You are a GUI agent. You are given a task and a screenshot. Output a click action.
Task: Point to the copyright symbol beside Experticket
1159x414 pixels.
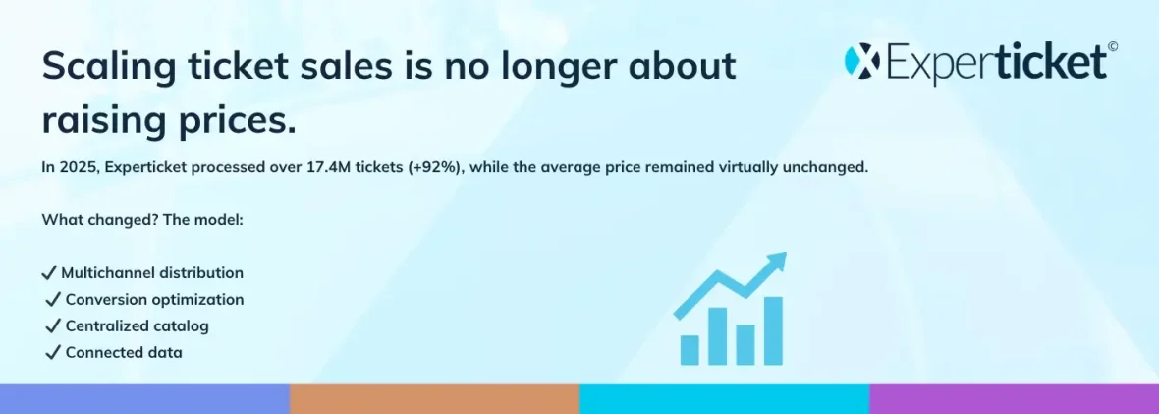pyautogui.click(x=1113, y=46)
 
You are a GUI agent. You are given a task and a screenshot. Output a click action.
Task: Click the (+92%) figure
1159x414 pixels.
pyautogui.click(x=435, y=168)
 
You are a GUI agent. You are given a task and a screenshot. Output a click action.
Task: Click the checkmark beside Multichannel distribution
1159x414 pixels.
pyautogui.click(x=49, y=272)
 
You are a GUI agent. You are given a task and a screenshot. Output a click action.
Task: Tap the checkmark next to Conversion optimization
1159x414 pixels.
pyautogui.click(x=52, y=299)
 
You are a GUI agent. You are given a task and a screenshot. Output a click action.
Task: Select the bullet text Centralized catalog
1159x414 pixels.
pyautogui.click(x=138, y=325)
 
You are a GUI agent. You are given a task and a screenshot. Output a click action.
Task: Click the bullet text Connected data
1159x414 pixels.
pyautogui.click(x=124, y=352)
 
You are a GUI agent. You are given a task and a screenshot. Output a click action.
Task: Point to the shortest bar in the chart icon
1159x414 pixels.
pyautogui.click(x=689, y=350)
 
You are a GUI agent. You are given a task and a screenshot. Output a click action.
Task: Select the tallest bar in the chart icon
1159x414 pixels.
pyautogui.click(x=773, y=330)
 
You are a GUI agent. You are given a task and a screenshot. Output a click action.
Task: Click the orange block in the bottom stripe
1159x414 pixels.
pyautogui.click(x=434, y=398)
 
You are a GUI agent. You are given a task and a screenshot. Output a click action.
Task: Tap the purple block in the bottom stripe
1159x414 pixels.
pyautogui.click(x=1014, y=398)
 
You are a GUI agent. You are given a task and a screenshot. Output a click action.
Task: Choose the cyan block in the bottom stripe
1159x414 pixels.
pyautogui.click(x=725, y=398)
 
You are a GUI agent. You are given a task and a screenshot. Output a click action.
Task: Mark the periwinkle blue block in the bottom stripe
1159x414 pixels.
pyautogui.click(x=145, y=398)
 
